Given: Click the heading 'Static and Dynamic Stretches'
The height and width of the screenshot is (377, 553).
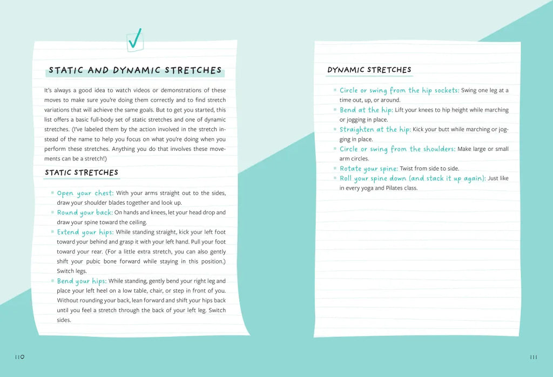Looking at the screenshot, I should pos(135,70).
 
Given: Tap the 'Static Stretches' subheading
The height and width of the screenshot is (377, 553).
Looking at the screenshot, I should pos(82,173).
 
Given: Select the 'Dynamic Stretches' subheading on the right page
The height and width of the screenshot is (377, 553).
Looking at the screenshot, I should pos(369,70).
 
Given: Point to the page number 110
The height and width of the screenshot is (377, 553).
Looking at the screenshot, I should pos(19,357).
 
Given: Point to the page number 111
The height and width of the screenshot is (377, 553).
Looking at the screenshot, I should pos(534,357).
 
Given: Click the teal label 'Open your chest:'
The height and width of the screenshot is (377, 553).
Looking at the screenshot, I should pos(85,193).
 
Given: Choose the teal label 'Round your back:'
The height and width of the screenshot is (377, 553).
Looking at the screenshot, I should pos(85,213).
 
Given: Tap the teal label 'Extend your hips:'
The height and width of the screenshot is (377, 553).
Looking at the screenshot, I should pos(85,232).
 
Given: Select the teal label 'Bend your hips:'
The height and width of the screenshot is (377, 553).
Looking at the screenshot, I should pos(82,281).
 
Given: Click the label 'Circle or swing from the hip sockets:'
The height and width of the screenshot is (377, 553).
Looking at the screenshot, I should pos(399,90).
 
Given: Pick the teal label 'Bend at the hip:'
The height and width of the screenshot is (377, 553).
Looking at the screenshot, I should pos(366,110).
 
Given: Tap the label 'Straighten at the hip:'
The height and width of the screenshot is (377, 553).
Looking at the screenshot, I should pos(375,130).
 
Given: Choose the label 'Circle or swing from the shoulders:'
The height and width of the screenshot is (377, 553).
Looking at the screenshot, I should pos(397,149).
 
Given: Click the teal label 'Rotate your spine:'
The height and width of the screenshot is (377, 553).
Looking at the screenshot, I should pos(368,169).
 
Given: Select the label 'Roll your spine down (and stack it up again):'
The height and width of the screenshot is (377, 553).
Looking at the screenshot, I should pos(413,178).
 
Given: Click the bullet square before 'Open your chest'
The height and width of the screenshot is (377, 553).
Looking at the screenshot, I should pos(52,193).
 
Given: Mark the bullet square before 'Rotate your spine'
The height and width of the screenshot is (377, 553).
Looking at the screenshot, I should pos(335,169).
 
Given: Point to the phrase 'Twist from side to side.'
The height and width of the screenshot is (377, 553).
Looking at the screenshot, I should pos(429,169).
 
